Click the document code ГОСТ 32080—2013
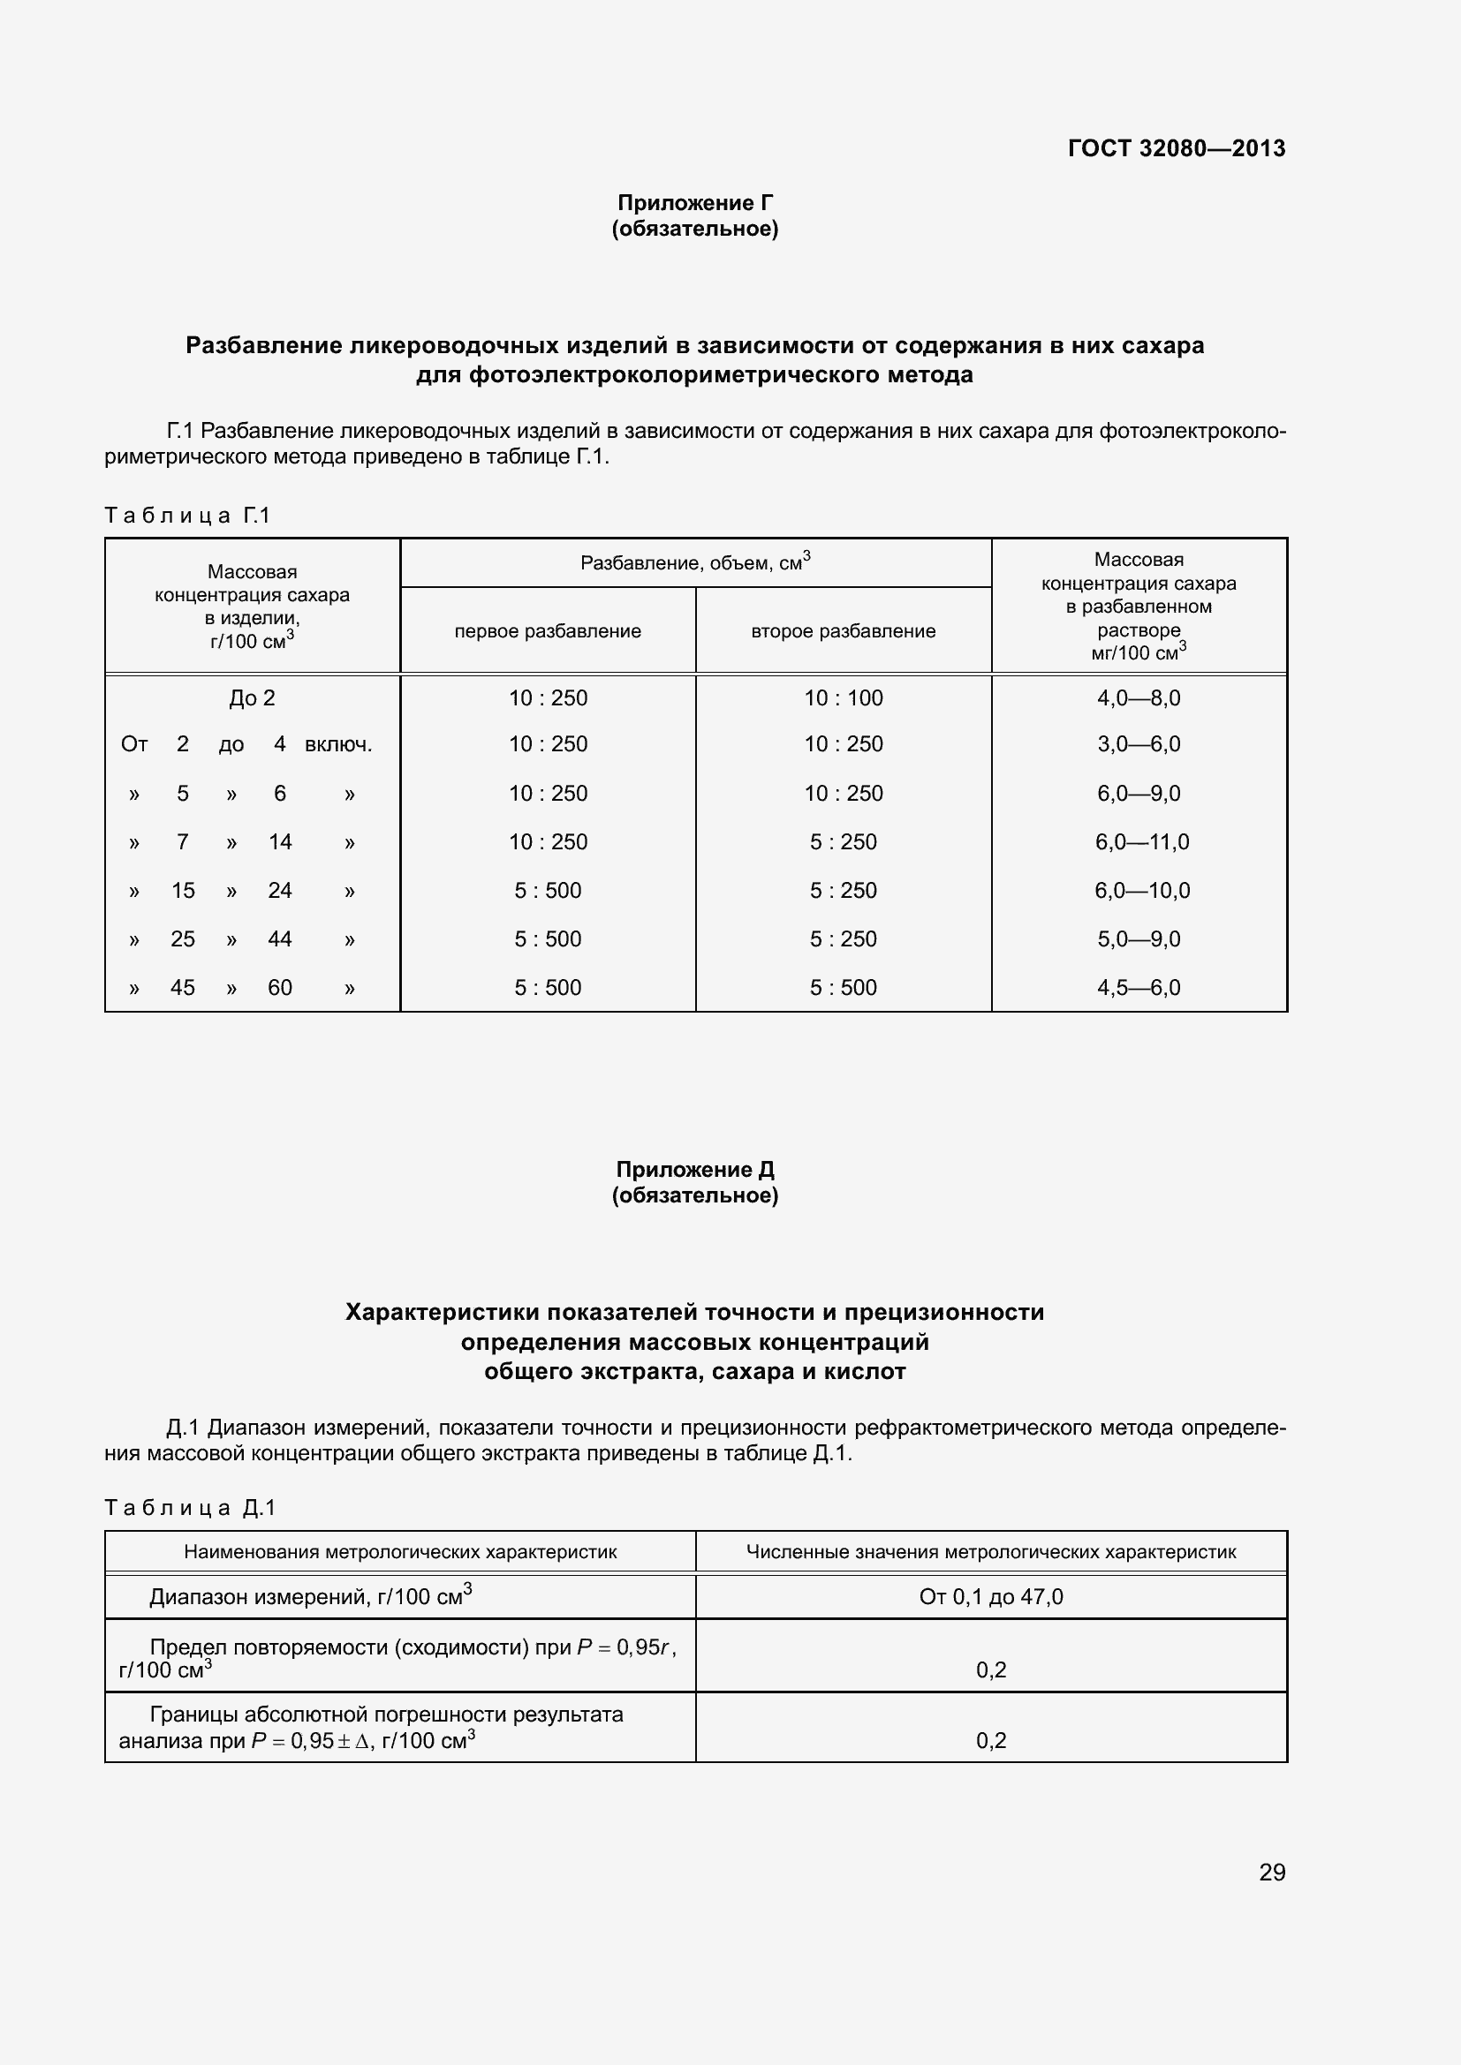pyautogui.click(x=1176, y=148)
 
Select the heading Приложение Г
pyautogui.click(x=694, y=202)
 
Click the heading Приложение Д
pyautogui.click(x=694, y=1169)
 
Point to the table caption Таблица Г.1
pyautogui.click(x=187, y=516)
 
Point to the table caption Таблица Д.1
pyautogui.click(x=190, y=1507)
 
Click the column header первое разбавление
pyautogui.click(x=547, y=631)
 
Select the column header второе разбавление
pyautogui.click(x=843, y=631)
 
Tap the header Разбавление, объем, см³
pyautogui.click(x=694, y=563)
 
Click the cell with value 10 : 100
pyautogui.click(x=843, y=698)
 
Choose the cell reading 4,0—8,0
pyautogui.click(x=1138, y=698)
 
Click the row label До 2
pyautogui.click(x=252, y=698)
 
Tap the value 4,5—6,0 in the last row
pyautogui.click(x=1138, y=988)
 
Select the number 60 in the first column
pyautogui.click(x=280, y=988)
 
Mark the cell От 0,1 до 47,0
pyautogui.click(x=990, y=1596)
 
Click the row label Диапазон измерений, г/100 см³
pyautogui.click(x=310, y=1596)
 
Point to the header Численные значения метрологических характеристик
pyautogui.click(x=990, y=1551)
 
